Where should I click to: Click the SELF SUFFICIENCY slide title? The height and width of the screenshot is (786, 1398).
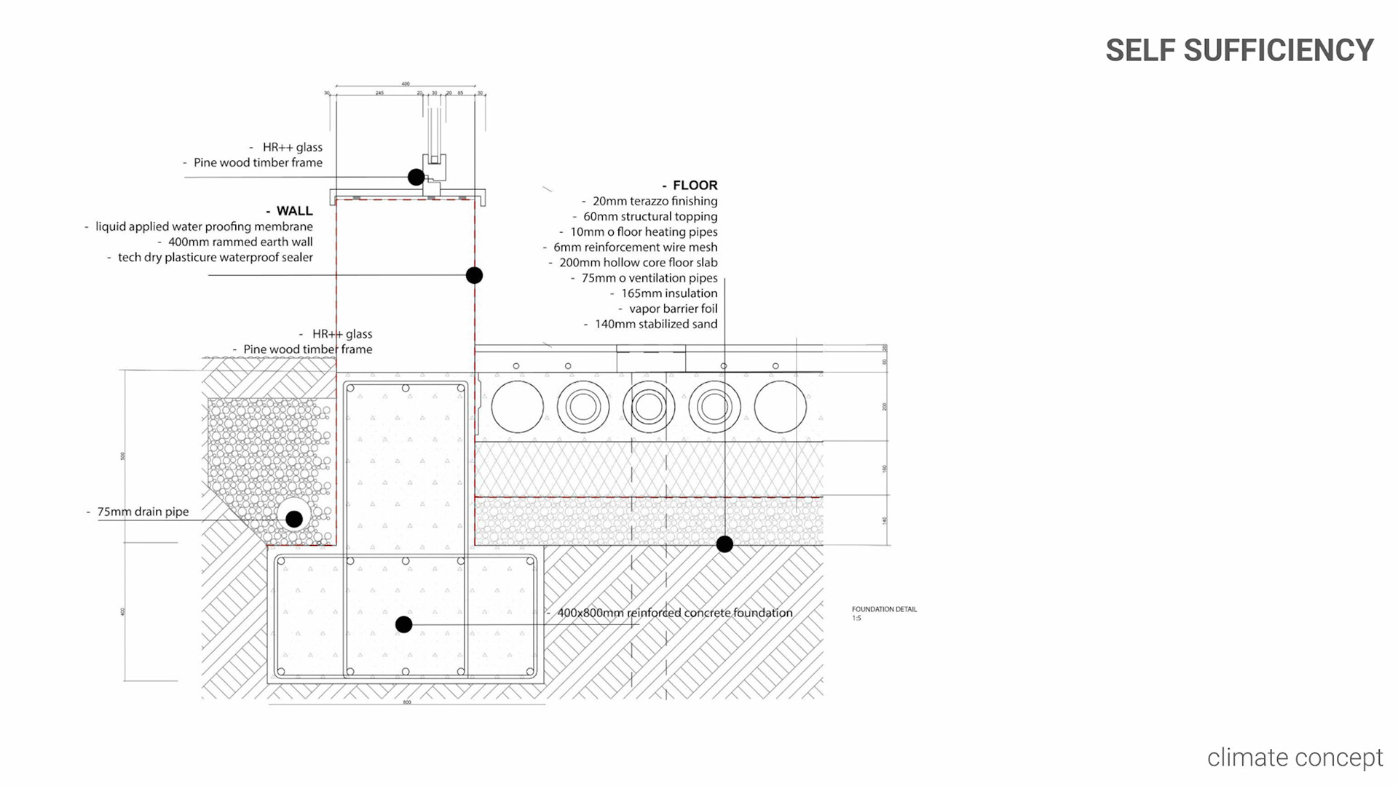click(x=1239, y=50)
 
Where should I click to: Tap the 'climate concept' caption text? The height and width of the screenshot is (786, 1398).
click(x=1295, y=758)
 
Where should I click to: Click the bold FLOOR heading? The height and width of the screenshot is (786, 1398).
click(x=695, y=185)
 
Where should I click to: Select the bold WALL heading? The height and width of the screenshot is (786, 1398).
click(x=294, y=210)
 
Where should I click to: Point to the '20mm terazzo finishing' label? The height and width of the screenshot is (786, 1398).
click(x=655, y=201)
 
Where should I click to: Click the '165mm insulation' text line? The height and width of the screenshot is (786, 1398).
click(x=668, y=293)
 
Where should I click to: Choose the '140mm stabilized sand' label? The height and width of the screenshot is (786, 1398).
click(x=655, y=324)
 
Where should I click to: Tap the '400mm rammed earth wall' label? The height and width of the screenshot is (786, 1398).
click(x=240, y=242)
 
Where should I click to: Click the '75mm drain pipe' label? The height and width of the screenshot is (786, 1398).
click(x=143, y=512)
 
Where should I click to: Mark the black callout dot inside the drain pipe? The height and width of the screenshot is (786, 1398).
click(x=294, y=519)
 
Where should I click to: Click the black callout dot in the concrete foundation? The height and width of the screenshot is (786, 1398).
click(x=403, y=624)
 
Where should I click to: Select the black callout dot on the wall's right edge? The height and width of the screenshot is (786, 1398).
click(x=474, y=275)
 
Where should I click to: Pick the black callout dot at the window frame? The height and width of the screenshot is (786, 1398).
click(x=416, y=177)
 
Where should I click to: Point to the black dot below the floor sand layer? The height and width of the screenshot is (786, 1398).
click(x=724, y=544)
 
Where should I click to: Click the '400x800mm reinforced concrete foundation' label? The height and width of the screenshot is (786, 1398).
click(x=674, y=613)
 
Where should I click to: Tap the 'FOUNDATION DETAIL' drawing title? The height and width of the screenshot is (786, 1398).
click(x=884, y=609)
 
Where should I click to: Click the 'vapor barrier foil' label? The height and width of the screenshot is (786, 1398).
click(x=673, y=309)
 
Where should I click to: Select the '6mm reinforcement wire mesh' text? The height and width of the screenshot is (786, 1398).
click(x=635, y=247)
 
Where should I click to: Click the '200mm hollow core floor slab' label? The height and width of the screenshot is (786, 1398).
click(x=638, y=263)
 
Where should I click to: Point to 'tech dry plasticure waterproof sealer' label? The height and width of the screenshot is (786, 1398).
click(x=215, y=257)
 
